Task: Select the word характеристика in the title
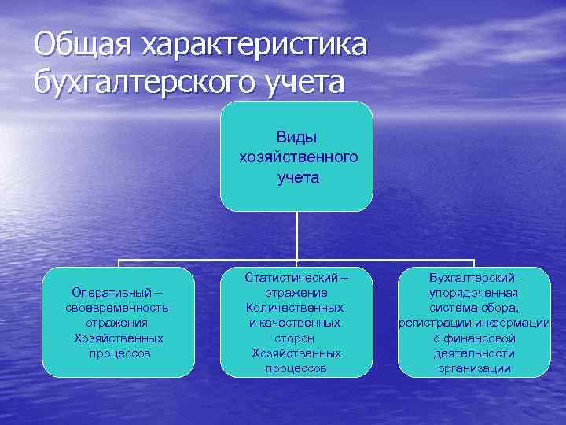[253, 45]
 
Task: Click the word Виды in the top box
[296, 137]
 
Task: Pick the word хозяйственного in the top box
[297, 157]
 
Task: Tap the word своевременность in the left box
[117, 308]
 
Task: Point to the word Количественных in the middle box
[295, 308]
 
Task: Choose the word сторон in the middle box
[296, 338]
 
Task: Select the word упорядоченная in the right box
[474, 293]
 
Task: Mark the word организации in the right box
[474, 368]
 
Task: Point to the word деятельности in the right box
[474, 353]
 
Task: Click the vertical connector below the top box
[296, 236]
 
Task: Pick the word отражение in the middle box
[296, 293]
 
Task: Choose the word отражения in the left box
[118, 323]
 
